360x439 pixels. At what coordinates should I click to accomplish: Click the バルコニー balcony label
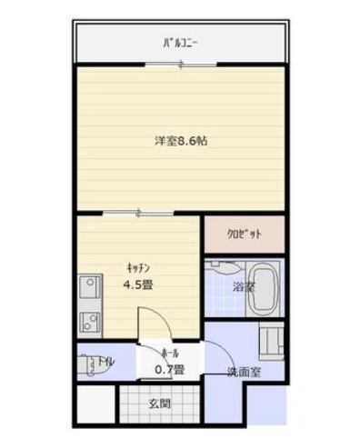(x=181, y=43)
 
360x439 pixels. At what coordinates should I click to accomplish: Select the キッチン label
(x=139, y=267)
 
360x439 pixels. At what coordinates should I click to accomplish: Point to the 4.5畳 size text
(x=139, y=284)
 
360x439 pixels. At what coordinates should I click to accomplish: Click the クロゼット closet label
(x=243, y=234)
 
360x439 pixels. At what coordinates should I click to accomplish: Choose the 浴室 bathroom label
(x=244, y=287)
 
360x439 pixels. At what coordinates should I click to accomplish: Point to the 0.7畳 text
(x=169, y=369)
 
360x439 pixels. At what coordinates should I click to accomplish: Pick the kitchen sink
(x=90, y=291)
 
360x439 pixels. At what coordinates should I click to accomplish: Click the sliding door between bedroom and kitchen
(x=137, y=214)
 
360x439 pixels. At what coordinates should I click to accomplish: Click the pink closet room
(x=243, y=234)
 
